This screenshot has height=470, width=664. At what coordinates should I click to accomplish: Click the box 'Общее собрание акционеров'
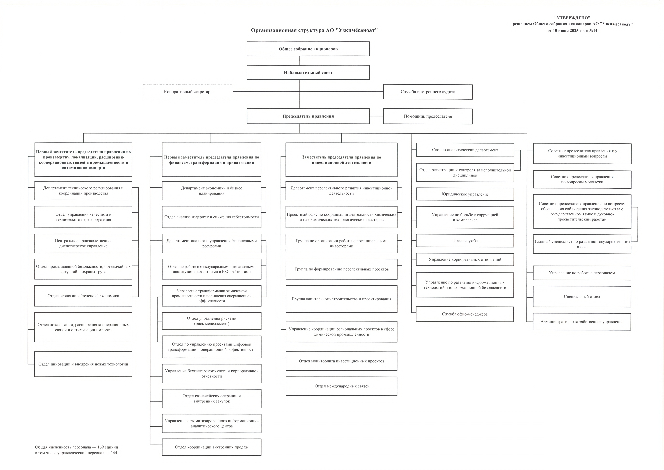(308, 49)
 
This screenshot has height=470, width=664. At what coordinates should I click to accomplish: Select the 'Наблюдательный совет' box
(308, 72)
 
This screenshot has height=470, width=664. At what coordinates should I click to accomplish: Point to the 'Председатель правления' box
(308, 116)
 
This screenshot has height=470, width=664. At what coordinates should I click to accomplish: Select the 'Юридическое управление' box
(465, 194)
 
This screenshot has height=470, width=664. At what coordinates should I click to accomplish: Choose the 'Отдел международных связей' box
(341, 386)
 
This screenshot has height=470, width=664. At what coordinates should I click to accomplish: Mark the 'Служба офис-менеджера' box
(465, 314)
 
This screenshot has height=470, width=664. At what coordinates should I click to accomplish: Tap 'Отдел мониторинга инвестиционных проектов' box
(341, 361)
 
